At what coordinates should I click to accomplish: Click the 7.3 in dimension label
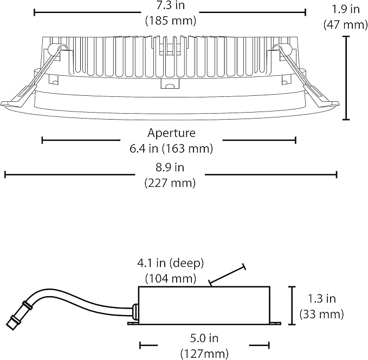coord(170,5)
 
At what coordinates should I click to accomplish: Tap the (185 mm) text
coord(170,21)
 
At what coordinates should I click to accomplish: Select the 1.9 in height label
coord(345,9)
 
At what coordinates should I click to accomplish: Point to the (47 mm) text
coord(345,24)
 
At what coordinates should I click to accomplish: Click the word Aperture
coord(171,133)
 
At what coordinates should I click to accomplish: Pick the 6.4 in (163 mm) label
coord(171,148)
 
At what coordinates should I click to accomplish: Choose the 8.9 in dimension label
coord(170,168)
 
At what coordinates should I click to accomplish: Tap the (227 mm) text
coord(170,183)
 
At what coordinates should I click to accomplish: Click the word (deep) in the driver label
coord(187,264)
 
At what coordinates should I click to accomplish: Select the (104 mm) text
coord(171,279)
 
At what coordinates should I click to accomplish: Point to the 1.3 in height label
coord(321,299)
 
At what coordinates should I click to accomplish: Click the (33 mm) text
coord(321,314)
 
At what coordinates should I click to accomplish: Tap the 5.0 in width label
coord(204,338)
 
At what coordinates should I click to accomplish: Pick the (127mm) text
coord(204,354)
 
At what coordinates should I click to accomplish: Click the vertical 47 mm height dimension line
coord(346,78)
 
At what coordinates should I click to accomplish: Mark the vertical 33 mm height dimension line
coord(292,305)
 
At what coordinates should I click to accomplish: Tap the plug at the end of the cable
coord(12,324)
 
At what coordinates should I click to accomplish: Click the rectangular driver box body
coord(204,305)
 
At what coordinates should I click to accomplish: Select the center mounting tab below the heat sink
coord(170,84)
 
